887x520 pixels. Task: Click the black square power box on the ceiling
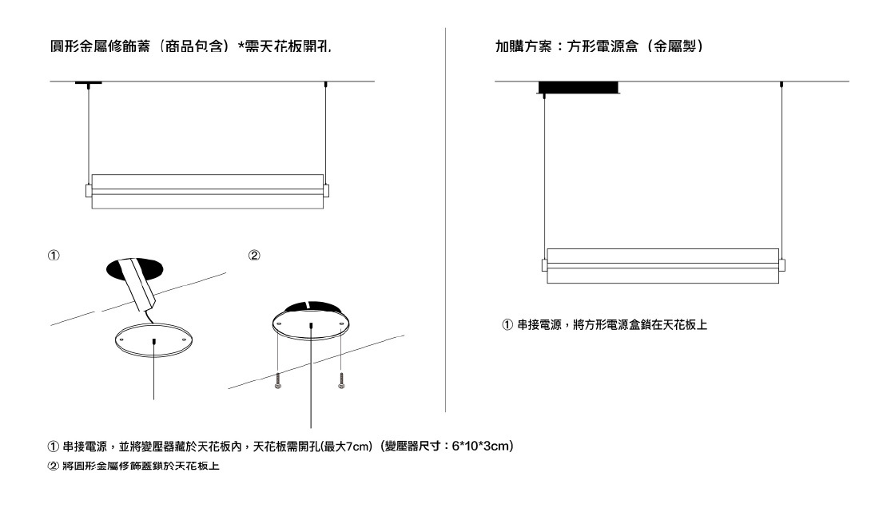coord(578,87)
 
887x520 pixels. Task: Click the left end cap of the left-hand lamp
coord(89,191)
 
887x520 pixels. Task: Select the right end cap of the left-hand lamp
coord(326,190)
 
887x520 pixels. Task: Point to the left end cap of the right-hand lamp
coord(543,264)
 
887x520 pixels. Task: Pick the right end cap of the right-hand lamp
coord(782,264)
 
